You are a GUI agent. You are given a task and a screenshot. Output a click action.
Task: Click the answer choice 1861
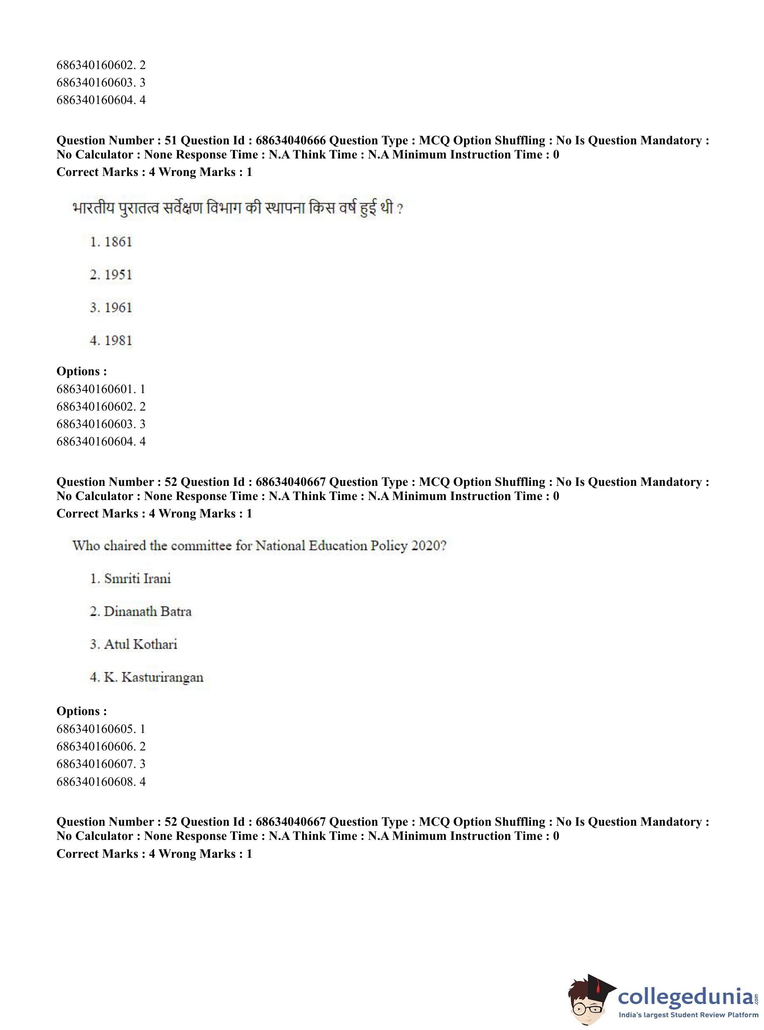[x=111, y=242]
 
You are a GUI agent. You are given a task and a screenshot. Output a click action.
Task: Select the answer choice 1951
[x=111, y=275]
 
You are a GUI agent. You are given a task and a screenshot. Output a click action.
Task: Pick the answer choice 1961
[x=111, y=307]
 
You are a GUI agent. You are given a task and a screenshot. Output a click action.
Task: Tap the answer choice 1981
[x=111, y=341]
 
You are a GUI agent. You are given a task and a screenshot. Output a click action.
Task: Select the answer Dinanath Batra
[x=141, y=612]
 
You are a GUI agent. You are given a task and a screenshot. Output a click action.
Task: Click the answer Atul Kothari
[x=134, y=644]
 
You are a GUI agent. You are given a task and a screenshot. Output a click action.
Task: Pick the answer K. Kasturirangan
[x=146, y=678]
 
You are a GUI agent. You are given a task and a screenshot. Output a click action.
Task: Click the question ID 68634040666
[x=290, y=141]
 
